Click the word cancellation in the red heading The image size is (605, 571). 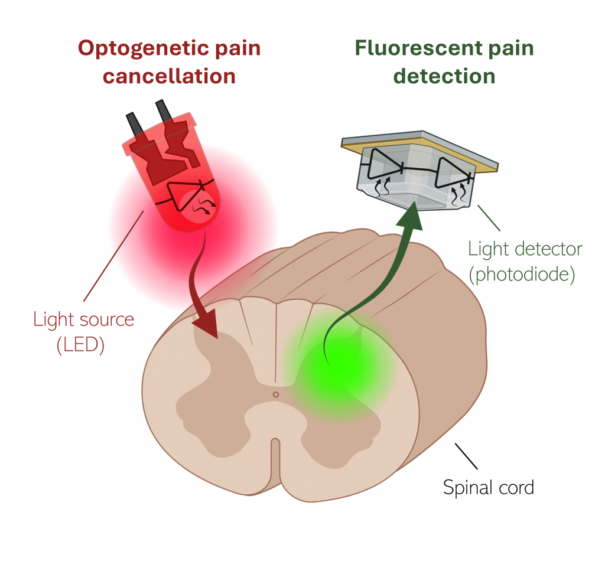click(170, 76)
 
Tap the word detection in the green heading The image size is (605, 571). click(444, 76)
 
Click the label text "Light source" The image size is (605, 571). click(83, 320)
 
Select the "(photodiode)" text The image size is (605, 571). click(521, 274)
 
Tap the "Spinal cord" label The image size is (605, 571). click(488, 488)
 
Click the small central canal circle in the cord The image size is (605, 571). click(275, 394)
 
